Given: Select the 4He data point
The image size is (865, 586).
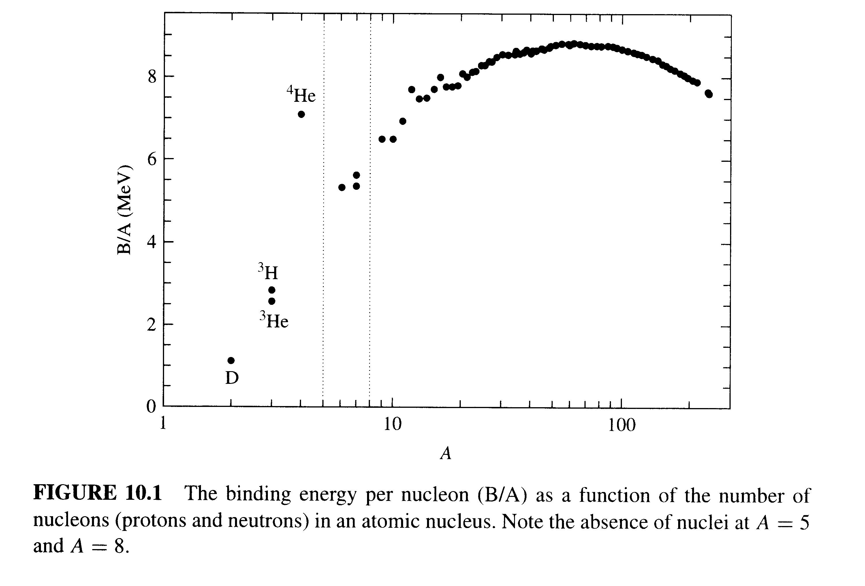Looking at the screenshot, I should [x=302, y=114].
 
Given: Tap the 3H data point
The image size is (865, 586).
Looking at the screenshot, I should [x=272, y=290].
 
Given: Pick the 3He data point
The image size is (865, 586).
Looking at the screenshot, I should [x=272, y=301].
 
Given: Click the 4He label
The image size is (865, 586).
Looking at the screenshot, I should [x=301, y=95].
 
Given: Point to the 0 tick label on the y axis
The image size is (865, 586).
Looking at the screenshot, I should [x=151, y=407].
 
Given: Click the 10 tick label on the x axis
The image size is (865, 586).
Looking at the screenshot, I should [x=392, y=425].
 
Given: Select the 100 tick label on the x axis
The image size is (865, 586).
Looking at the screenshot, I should [x=622, y=425].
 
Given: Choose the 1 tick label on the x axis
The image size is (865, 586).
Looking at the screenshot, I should [x=163, y=424].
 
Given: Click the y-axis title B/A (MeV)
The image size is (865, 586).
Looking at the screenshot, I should [x=125, y=210].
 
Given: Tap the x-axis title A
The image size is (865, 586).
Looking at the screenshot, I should [x=445, y=453].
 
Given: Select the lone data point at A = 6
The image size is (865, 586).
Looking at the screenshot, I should [x=342, y=187].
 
